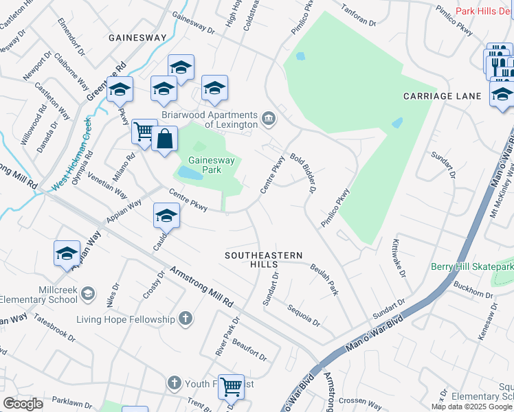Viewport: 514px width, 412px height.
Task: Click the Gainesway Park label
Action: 208,165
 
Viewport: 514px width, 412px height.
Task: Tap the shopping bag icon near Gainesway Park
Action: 165,139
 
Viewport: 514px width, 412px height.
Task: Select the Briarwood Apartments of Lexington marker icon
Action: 269,119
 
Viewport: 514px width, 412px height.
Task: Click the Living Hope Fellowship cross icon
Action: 184,319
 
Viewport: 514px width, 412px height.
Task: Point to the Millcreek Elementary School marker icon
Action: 87,294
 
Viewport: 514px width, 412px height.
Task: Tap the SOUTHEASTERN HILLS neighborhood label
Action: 264,260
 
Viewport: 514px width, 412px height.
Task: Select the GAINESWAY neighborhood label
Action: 133,38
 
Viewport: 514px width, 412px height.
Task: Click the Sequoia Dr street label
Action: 304,315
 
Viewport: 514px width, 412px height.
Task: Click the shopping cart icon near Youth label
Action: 231,386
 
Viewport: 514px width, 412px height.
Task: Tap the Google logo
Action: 23,404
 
